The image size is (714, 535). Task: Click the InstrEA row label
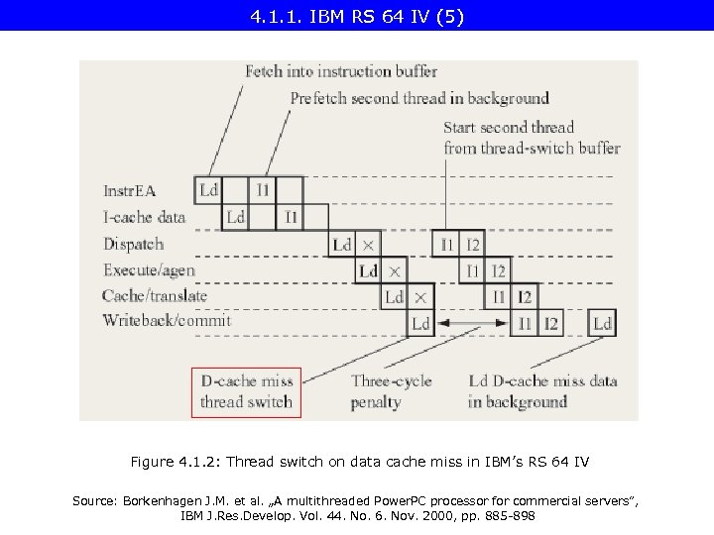(130, 189)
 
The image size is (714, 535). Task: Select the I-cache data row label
(145, 217)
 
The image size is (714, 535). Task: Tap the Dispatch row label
(134, 244)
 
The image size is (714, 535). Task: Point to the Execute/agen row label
(149, 269)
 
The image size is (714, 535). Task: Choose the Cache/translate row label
(155, 295)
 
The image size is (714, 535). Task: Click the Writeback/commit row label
(167, 321)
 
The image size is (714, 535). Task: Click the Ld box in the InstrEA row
(209, 189)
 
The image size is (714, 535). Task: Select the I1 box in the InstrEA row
(263, 189)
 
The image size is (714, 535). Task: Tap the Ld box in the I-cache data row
(236, 216)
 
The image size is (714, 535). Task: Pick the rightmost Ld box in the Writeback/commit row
(602, 323)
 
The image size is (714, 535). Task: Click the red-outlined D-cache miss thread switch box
(246, 391)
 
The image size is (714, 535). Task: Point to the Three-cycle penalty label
(390, 391)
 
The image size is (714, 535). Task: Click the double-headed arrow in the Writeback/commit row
(472, 323)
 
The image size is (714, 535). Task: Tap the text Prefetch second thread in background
(419, 98)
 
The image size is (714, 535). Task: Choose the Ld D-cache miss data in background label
(542, 391)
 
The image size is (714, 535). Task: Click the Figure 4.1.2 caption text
(358, 462)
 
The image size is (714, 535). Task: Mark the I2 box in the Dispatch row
(473, 244)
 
